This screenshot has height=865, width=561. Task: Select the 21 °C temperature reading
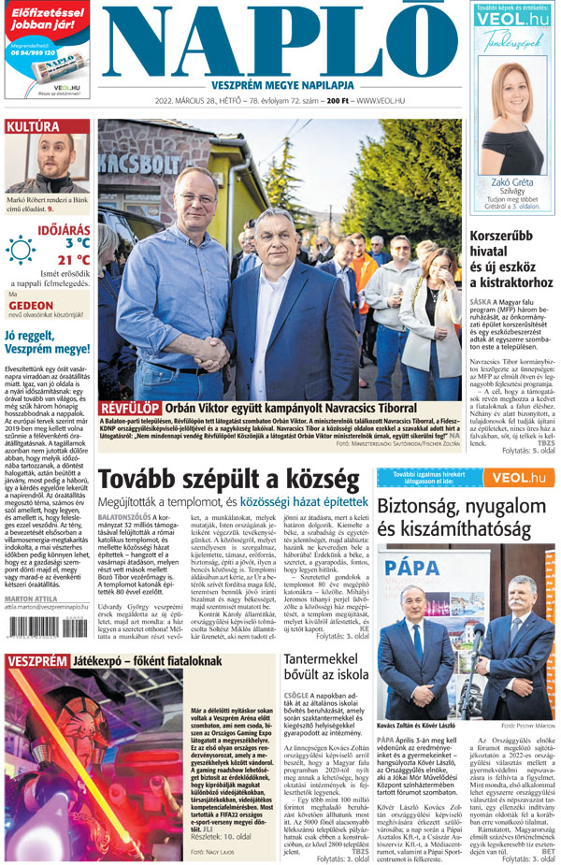pyautogui.click(x=74, y=260)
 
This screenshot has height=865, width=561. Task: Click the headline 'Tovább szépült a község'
pyautogui.click(x=228, y=480)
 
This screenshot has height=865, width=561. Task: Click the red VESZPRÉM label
pyautogui.click(x=36, y=661)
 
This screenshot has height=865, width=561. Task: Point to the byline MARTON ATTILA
pyautogui.click(x=31, y=598)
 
